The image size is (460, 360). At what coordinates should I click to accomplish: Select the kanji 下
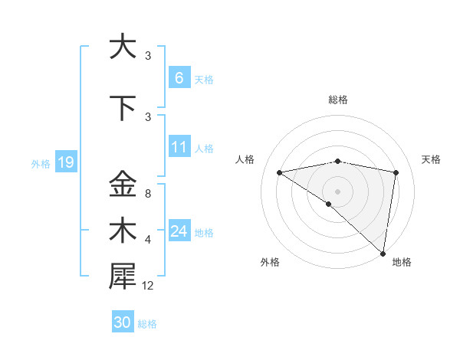pos(122,108)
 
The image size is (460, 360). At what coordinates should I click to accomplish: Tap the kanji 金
pos(122,185)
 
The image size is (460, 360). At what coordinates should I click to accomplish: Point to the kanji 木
pos(122,231)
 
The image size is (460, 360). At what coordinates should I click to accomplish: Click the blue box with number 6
pos(179,77)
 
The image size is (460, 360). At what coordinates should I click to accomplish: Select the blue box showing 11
pos(179,146)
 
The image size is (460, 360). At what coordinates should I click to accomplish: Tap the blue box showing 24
pos(179,231)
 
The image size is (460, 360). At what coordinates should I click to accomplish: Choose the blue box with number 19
pos(65,162)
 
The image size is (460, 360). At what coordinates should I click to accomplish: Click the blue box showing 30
pos(123,322)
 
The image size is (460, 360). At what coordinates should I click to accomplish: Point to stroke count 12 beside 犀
pos(148,286)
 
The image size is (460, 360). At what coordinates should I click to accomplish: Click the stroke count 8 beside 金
pos(147,194)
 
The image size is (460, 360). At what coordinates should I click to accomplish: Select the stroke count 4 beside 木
pos(147,240)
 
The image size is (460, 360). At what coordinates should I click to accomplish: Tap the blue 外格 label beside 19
pos(41,163)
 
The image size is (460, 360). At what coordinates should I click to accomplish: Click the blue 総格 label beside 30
pos(147,324)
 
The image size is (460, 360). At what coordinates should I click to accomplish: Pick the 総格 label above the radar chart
pos(337,100)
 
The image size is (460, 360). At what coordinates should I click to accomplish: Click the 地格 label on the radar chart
pos(402,262)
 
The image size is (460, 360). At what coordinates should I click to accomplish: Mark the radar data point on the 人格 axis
pos(279,172)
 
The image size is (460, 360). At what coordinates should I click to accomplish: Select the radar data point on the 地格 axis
pos(383,253)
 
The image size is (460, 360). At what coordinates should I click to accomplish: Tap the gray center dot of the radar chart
pos(337,191)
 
